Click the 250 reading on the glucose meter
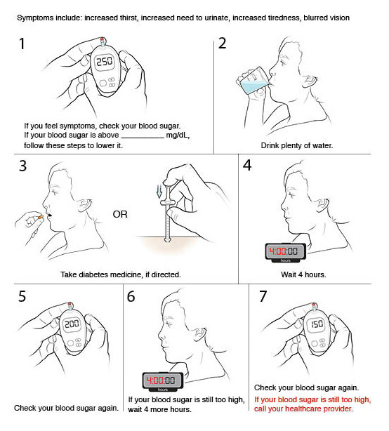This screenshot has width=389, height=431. (105, 61)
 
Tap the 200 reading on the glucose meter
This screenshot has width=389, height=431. (72, 324)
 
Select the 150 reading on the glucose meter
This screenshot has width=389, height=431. (317, 324)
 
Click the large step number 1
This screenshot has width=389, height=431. (22, 44)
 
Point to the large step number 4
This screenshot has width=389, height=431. (247, 165)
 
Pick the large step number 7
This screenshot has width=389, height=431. (263, 296)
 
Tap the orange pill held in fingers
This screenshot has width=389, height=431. (40, 217)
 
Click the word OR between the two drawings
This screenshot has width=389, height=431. (120, 214)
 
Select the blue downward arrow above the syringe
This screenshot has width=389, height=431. (159, 192)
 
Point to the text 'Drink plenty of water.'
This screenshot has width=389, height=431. (297, 145)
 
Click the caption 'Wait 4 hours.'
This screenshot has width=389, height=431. (303, 274)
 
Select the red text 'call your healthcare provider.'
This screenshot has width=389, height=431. (303, 409)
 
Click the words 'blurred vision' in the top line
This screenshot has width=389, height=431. (327, 18)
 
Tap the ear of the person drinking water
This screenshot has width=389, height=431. (311, 81)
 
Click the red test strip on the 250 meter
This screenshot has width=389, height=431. (102, 40)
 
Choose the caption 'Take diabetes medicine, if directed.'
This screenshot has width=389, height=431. (121, 274)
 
